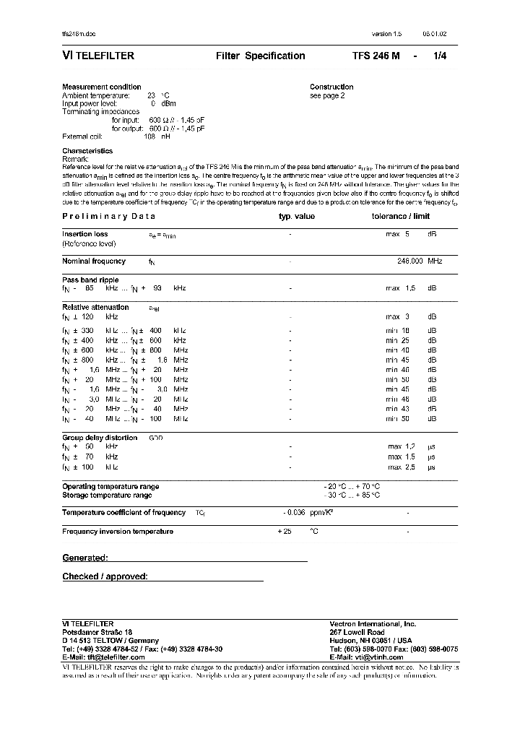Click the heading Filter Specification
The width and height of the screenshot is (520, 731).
coord(260,56)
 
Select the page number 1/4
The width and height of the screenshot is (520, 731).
coord(439,56)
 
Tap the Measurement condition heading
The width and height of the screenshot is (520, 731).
coord(102,87)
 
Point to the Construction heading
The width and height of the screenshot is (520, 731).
coord(331,87)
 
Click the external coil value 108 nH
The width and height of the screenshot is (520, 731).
coord(157,136)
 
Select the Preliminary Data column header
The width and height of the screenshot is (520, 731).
coord(108,216)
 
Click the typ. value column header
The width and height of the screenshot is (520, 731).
coord(297,216)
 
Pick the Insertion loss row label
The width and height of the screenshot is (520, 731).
coord(85,234)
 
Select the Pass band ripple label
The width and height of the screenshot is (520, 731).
coord(90,280)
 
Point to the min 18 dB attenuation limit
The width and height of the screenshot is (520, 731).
coord(410,330)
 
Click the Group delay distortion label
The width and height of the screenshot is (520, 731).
coord(100,438)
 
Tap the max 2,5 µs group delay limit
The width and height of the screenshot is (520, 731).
coord(411,467)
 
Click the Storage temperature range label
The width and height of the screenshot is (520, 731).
coord(107,496)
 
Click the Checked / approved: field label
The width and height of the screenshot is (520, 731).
coord(105,576)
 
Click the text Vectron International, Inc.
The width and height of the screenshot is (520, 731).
coord(373,623)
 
